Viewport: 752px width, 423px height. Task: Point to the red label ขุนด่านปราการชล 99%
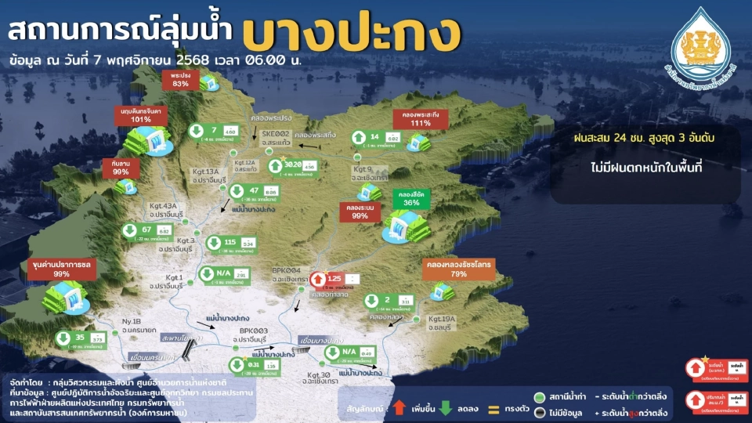pyautogui.click(x=62, y=269)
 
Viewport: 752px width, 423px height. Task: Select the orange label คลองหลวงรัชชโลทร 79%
pyautogui.click(x=459, y=269)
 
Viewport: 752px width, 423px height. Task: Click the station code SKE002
pyautogui.click(x=276, y=134)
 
